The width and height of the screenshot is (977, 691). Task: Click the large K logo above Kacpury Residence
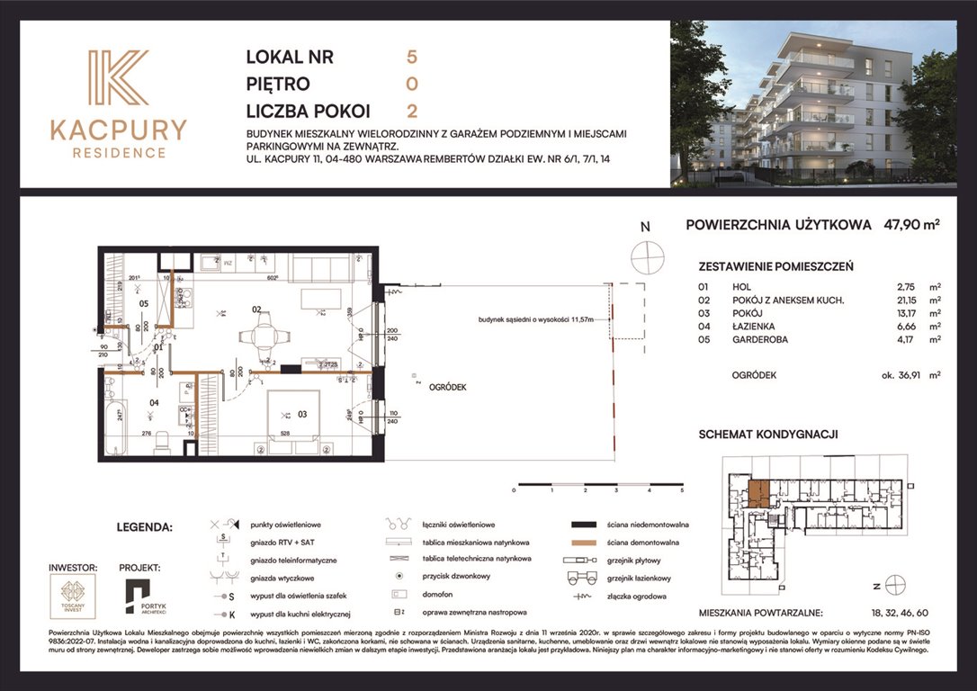click(118, 78)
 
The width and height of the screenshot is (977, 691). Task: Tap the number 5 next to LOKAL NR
click(412, 58)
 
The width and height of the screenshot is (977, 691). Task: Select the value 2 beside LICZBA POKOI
click(412, 112)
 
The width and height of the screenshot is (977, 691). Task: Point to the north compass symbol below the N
click(645, 257)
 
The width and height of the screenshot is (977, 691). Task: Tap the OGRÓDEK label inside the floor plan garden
click(447, 386)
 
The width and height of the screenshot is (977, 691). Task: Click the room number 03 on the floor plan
click(303, 414)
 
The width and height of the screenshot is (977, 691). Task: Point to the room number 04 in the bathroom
click(154, 402)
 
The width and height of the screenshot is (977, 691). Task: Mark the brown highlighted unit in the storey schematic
click(758, 494)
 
